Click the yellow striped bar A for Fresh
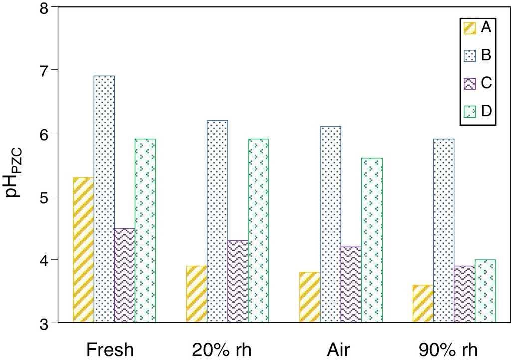tap(83, 250)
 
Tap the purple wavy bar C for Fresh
tap(125, 275)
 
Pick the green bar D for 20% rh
tap(258, 230)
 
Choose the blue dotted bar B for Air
tap(331, 224)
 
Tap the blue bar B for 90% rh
tap(444, 230)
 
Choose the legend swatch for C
tap(470, 83)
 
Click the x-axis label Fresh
tap(110, 349)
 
